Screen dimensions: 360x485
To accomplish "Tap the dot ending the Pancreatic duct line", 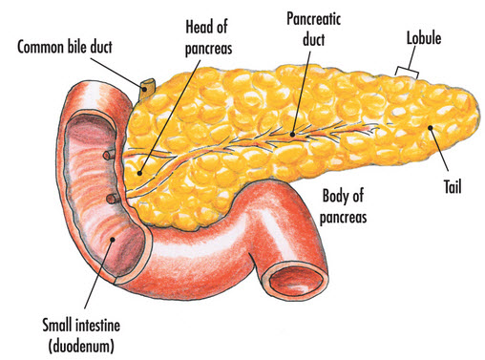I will (x=291, y=134).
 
